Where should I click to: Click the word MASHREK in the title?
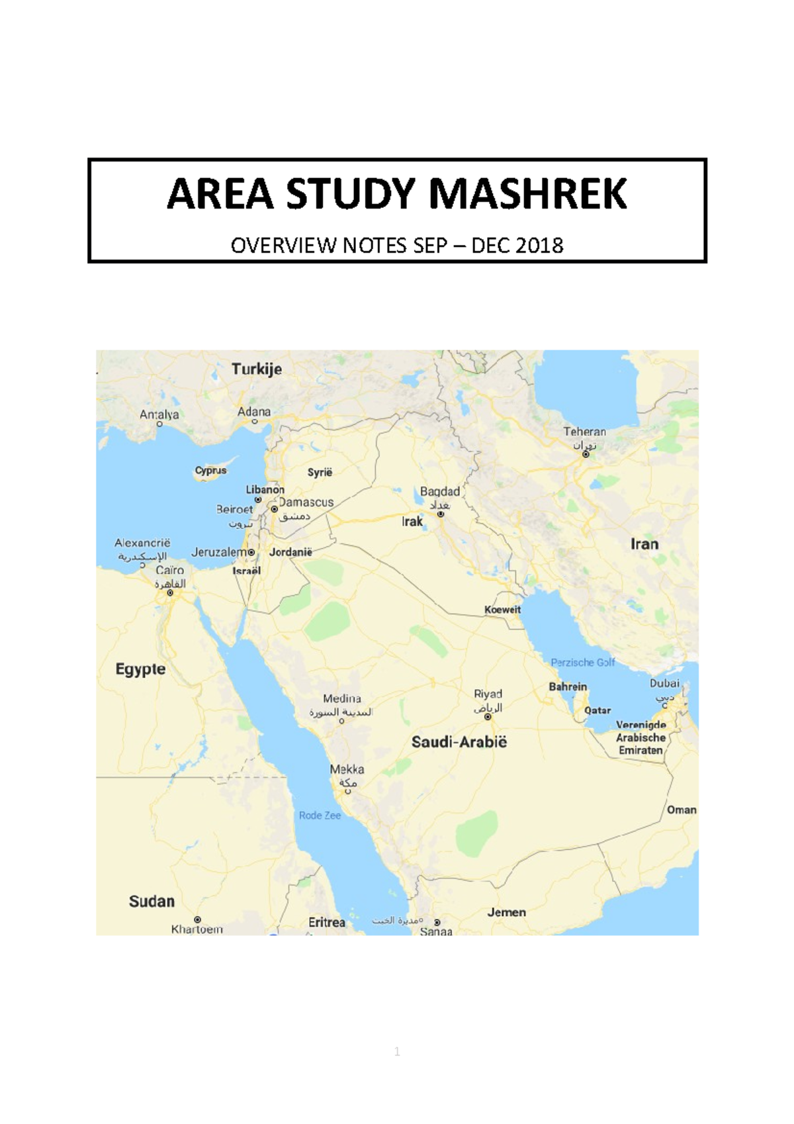click(527, 194)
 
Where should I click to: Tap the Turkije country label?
click(257, 369)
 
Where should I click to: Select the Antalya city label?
click(159, 414)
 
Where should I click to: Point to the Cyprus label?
click(211, 470)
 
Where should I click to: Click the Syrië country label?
click(320, 472)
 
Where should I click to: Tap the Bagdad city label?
click(440, 492)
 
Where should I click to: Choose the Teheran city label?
click(585, 432)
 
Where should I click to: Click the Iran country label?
click(644, 544)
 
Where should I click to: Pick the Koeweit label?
click(503, 610)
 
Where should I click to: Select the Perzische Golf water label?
click(583, 662)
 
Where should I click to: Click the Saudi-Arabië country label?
click(459, 742)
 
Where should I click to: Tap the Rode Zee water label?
click(320, 816)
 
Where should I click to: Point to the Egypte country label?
click(141, 669)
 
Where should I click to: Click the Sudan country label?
click(152, 902)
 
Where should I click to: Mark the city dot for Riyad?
click(488, 717)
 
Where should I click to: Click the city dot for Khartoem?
click(197, 919)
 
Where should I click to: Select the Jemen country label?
click(507, 912)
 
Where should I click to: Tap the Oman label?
click(682, 810)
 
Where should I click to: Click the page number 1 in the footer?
click(397, 1052)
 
